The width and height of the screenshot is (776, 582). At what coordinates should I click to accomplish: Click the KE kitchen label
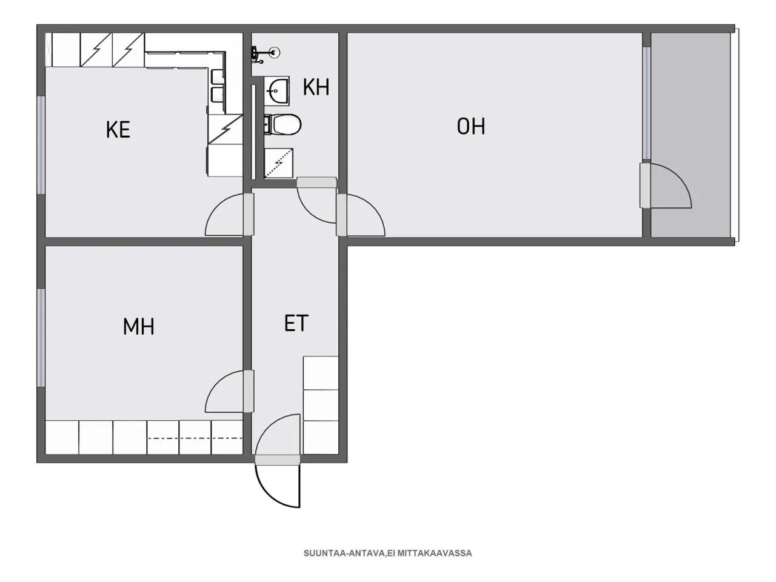pos(118,130)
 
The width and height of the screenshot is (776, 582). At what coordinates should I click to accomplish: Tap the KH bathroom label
pos(316,87)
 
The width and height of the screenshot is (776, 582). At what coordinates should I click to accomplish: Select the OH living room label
pos(471,126)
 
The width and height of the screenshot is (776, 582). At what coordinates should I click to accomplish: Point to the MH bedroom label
pos(139,327)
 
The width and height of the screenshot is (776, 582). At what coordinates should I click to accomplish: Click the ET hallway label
pos(296,323)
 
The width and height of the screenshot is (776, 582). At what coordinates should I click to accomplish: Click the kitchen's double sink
pos(216,85)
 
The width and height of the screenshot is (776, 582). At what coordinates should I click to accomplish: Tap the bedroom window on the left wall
pos(41,337)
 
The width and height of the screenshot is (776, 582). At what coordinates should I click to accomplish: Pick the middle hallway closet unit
pos(321,405)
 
